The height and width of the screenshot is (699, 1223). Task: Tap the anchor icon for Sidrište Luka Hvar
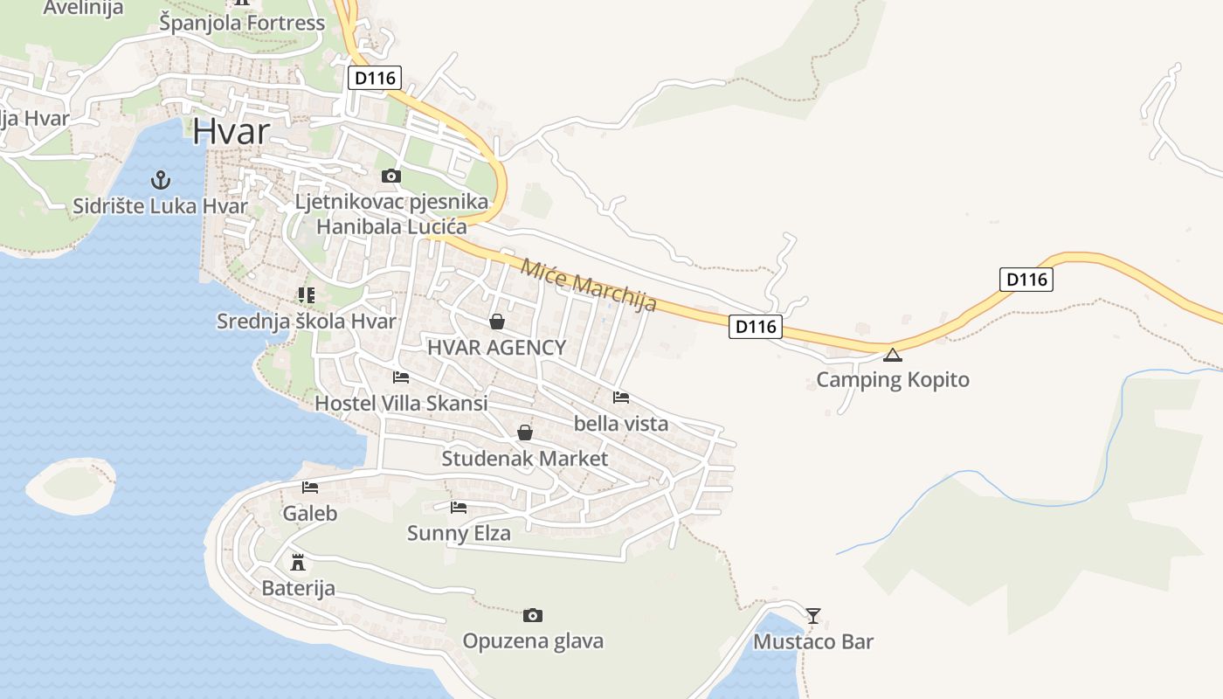(x=161, y=180)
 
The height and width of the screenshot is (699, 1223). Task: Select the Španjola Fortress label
(x=242, y=23)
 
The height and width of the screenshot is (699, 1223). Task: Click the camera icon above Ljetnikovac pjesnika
(x=391, y=176)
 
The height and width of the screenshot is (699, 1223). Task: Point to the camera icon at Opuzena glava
(x=533, y=616)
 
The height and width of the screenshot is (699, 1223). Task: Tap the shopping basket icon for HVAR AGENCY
(x=497, y=322)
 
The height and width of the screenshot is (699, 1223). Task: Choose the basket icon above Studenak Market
(x=525, y=433)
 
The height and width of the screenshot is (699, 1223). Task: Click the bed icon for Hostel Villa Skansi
(x=401, y=377)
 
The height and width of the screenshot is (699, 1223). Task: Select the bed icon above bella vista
(x=621, y=398)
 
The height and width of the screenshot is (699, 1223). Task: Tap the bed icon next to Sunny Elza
(x=459, y=507)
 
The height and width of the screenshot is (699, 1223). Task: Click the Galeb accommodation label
(x=309, y=513)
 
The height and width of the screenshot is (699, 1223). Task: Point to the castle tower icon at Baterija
(x=298, y=561)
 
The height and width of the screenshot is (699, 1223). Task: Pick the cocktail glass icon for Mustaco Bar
(x=813, y=616)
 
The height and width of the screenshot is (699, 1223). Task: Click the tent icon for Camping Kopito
(x=892, y=355)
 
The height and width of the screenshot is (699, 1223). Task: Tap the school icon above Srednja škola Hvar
(x=306, y=295)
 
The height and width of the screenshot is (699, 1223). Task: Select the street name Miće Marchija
(x=588, y=285)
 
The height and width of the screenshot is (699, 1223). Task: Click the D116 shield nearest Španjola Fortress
(x=375, y=78)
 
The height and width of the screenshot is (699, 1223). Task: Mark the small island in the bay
(x=70, y=484)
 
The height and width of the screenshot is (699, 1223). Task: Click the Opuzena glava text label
(x=533, y=641)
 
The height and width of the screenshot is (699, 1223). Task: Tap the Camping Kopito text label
(x=892, y=380)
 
